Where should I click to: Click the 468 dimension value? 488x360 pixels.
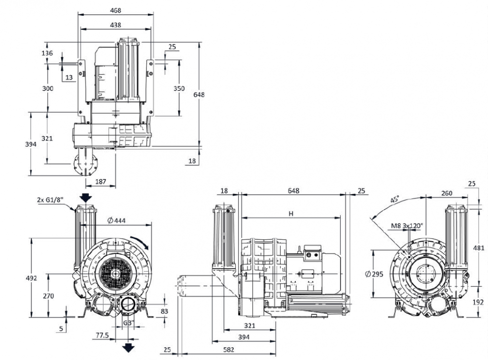[115, 10]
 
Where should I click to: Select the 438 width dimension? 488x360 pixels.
[115, 24]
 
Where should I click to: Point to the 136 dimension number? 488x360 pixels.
[47, 53]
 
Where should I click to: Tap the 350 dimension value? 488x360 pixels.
[179, 88]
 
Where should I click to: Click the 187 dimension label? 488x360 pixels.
[100, 182]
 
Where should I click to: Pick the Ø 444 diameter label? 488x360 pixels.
[116, 221]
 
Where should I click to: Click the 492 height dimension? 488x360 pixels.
[31, 278]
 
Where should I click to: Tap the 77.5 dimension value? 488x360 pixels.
[102, 336]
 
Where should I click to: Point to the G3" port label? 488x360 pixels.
[128, 323]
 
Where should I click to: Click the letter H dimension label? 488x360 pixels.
[291, 213]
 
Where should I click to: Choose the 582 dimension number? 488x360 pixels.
[228, 349]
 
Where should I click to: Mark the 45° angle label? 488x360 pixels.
[395, 199]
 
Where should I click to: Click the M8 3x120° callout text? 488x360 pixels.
[407, 226]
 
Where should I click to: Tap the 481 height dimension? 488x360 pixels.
[481, 248]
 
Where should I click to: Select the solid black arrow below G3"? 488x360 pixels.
[128, 347]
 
